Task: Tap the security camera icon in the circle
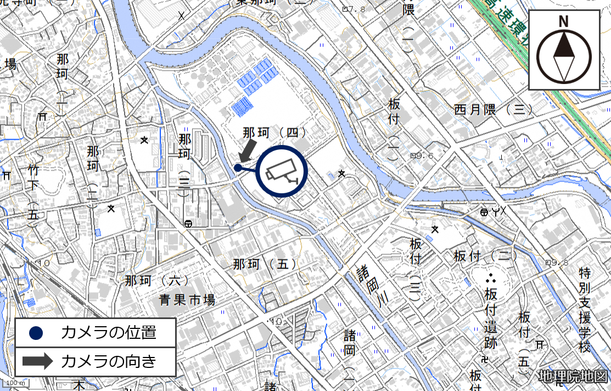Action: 281,171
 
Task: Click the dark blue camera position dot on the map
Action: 238,167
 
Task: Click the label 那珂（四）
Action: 274,132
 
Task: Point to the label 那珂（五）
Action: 265,264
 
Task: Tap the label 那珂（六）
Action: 156,281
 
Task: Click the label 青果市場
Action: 187,300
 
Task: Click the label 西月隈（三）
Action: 494,109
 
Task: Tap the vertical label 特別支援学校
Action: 584,310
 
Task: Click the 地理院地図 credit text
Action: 573,377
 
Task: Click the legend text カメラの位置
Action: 109,332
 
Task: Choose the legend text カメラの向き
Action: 109,361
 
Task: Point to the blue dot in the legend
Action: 36,332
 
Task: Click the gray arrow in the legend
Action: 37,361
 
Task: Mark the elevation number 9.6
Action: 425,156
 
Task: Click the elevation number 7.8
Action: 357,9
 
